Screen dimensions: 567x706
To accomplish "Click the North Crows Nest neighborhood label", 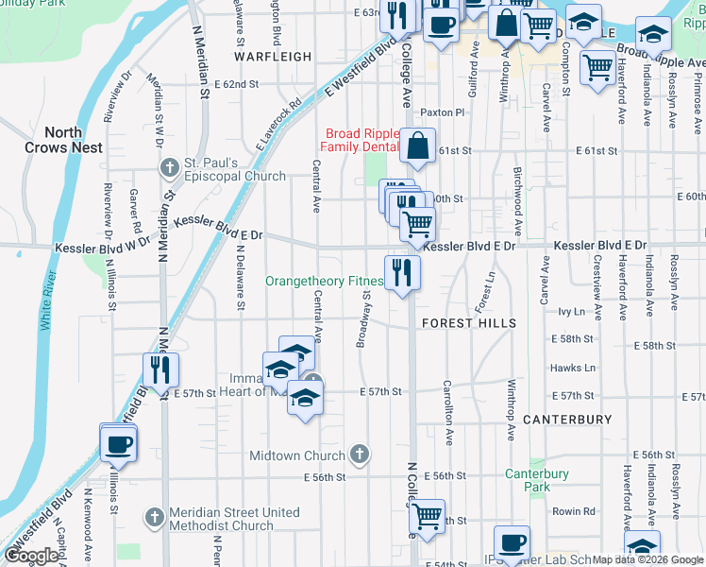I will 76,140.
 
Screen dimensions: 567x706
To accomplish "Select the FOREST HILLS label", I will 469,323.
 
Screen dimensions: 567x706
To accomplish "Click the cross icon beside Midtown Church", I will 359,455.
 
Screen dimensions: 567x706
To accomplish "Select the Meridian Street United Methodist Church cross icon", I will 156,518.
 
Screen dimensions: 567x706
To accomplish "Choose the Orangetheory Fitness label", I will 325,282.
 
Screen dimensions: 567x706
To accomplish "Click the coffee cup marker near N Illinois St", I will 119,442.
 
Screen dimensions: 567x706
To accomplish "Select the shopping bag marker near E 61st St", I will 418,146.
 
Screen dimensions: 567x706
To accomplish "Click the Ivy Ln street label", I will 572,310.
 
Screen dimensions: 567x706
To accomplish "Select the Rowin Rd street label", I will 575,511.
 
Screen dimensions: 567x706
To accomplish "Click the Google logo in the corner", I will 31,556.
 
